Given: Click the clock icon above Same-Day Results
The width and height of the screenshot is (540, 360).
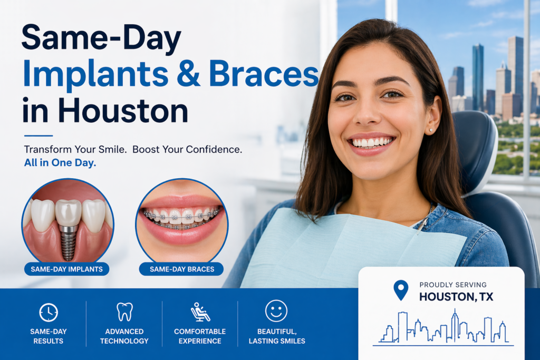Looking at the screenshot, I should tap(49, 312).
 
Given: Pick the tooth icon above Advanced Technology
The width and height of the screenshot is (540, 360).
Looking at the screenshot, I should tap(124, 312).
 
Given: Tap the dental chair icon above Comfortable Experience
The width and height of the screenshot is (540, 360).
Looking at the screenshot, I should tap(200, 312).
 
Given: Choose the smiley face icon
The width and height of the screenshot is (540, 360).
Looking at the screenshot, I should tap(276, 311).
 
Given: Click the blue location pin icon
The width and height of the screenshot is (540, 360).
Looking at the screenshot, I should tap(401, 290).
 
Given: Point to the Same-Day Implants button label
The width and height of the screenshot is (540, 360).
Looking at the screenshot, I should tap(66, 269).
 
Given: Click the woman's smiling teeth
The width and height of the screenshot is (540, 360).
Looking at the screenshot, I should tap(372, 142).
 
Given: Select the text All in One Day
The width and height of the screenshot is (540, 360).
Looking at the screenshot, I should tap(60, 163).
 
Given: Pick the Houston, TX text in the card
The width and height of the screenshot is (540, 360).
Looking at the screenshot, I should tap(456, 297).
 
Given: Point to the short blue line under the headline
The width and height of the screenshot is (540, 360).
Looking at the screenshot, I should tap(38, 135).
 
